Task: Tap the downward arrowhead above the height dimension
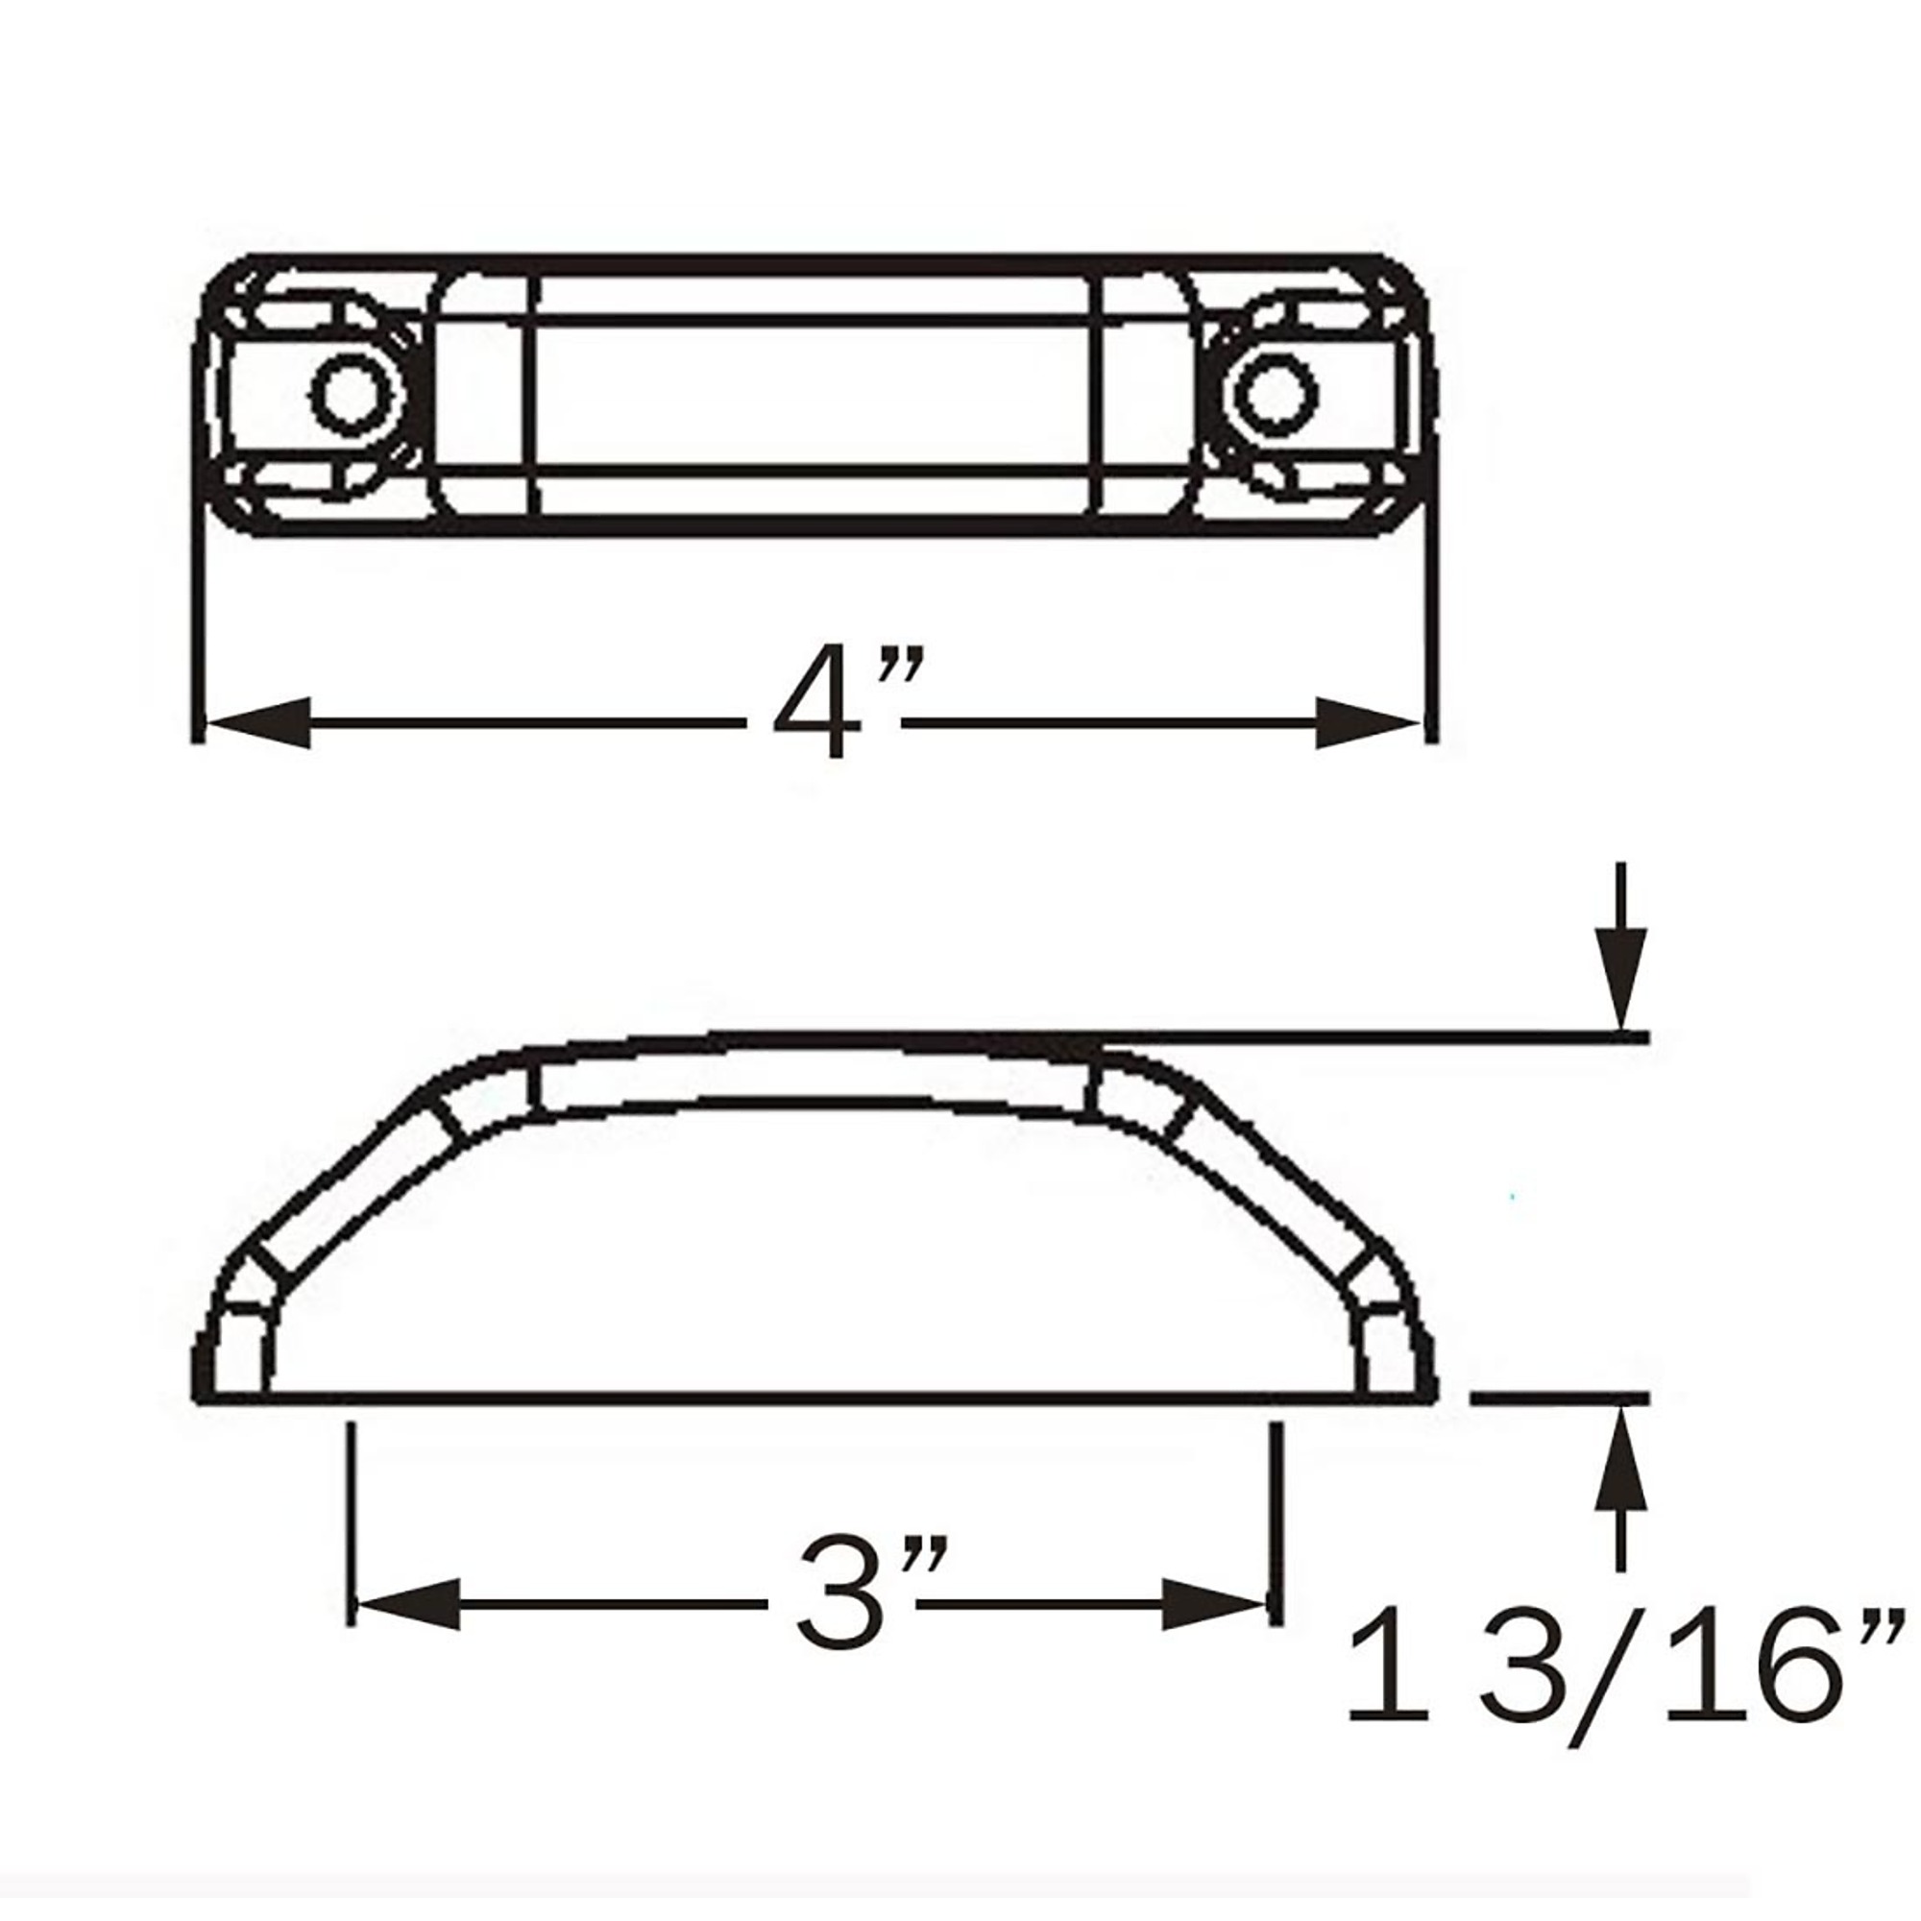[x=1621, y=980]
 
